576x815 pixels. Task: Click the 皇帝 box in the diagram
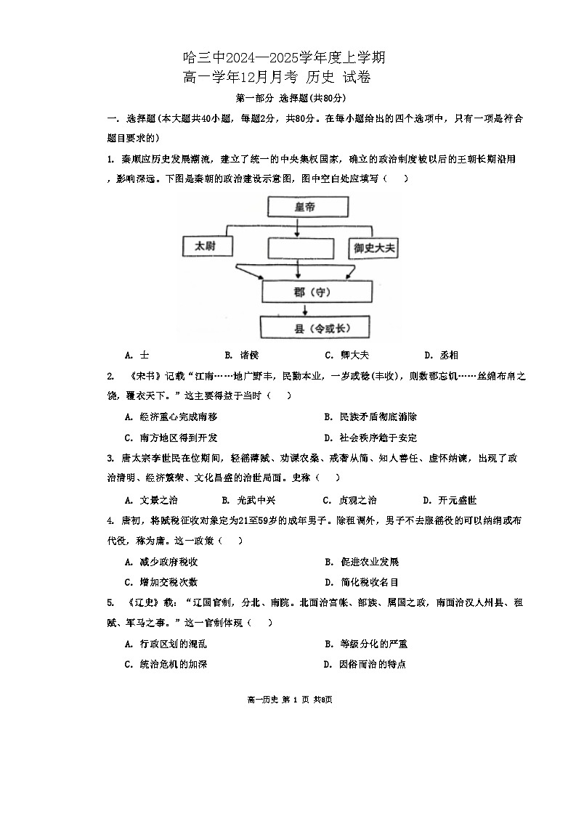tap(299, 207)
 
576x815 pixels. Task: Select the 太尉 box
tap(208, 247)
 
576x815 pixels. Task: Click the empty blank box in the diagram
tap(299, 248)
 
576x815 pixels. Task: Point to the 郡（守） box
tap(317, 291)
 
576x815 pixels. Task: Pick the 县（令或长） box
tap(317, 329)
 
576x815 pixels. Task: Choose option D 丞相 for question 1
tap(442, 355)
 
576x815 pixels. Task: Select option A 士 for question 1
tap(137, 355)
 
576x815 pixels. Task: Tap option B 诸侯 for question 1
tap(243, 355)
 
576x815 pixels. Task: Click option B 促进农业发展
tap(362, 562)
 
